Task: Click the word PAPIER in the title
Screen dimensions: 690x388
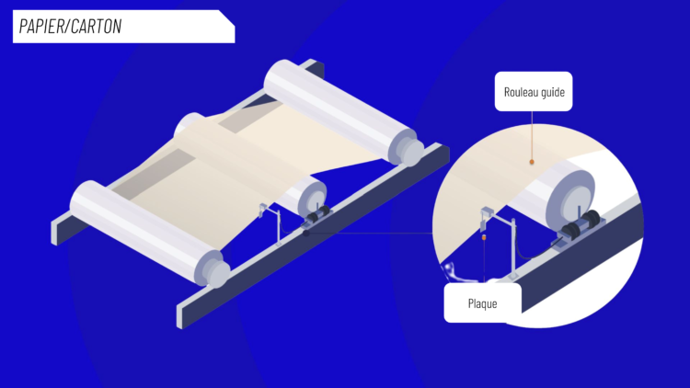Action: pyautogui.click(x=40, y=27)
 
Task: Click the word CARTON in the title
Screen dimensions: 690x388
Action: pyautogui.click(x=96, y=27)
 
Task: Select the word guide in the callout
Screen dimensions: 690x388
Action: pyautogui.click(x=553, y=92)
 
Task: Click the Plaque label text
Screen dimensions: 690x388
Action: pyautogui.click(x=482, y=303)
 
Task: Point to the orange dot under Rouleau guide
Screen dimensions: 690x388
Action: pyautogui.click(x=532, y=162)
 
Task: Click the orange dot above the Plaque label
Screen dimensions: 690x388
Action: pyautogui.click(x=484, y=237)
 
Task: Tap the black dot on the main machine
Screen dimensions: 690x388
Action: pyautogui.click(x=305, y=234)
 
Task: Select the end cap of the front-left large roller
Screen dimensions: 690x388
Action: pyautogui.click(x=213, y=268)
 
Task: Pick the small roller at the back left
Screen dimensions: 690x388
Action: pyautogui.click(x=190, y=124)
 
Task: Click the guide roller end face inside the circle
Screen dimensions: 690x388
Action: pyautogui.click(x=571, y=201)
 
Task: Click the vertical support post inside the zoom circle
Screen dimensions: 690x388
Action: pyautogui.click(x=513, y=247)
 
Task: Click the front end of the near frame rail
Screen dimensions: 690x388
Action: pyautogui.click(x=179, y=316)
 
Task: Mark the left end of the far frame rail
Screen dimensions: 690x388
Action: pyautogui.click(x=53, y=232)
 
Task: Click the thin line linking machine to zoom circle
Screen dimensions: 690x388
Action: pyautogui.click(x=370, y=234)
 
